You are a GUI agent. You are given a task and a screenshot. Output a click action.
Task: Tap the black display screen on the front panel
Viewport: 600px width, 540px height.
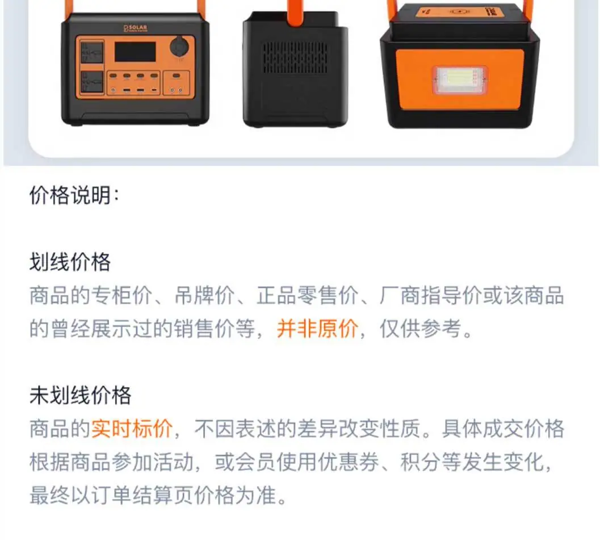pyautogui.click(x=135, y=52)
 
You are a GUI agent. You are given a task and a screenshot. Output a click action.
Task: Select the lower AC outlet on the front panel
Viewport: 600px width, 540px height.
pyautogui.click(x=92, y=83)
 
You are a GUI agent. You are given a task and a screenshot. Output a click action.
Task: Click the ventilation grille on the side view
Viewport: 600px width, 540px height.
pyautogui.click(x=295, y=57)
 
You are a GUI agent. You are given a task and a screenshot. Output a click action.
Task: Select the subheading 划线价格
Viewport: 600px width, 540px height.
pyautogui.click(x=70, y=262)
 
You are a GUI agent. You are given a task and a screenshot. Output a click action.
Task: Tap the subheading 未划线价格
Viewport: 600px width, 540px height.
pyautogui.click(x=80, y=395)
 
